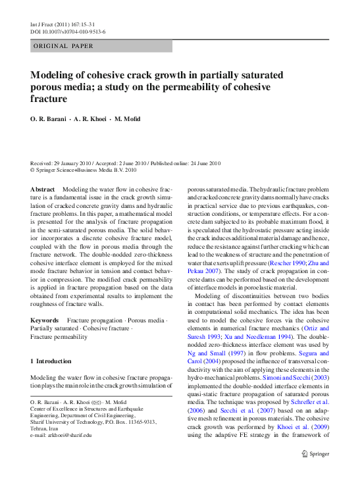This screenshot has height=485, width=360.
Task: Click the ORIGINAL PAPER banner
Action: click(x=63, y=46)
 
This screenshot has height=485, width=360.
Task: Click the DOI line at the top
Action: click(x=68, y=31)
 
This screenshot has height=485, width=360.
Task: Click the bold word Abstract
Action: click(x=42, y=190)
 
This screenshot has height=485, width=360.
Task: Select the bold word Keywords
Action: click(x=45, y=320)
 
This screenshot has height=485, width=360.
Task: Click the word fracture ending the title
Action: click(x=49, y=99)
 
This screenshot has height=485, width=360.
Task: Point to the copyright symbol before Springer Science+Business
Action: click(x=33, y=170)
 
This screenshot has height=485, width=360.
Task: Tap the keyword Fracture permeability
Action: click(x=59, y=337)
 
